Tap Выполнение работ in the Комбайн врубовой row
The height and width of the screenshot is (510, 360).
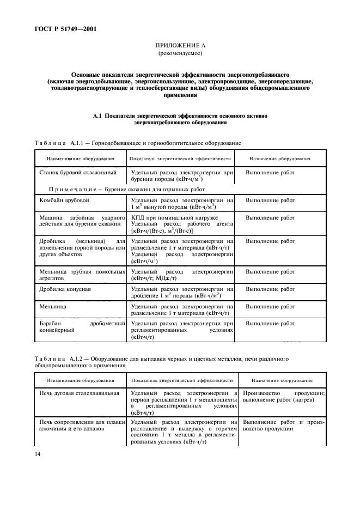pyautogui.click(x=270, y=201)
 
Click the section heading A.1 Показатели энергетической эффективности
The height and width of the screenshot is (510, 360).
pyautogui.click(x=180, y=119)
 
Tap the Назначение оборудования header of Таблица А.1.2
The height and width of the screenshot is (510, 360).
pyautogui.click(x=282, y=380)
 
